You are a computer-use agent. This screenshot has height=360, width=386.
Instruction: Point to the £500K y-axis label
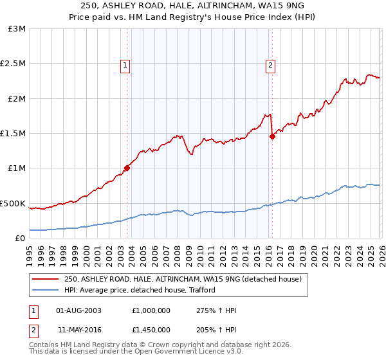[x=14, y=203]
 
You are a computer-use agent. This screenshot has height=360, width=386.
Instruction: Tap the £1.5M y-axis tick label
[x=14, y=134]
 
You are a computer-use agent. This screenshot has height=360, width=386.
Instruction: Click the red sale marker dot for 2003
[x=127, y=168]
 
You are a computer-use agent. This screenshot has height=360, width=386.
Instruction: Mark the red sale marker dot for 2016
[x=272, y=136]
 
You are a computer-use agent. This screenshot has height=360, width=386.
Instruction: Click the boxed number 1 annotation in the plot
[x=124, y=64]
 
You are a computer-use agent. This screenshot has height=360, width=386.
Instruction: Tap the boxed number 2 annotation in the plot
[x=270, y=64]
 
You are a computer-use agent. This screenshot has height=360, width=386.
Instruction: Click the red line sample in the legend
[x=46, y=279]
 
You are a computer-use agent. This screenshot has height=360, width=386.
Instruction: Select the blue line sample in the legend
[x=46, y=290]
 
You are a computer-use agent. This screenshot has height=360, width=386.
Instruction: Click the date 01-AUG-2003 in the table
[x=79, y=310]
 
